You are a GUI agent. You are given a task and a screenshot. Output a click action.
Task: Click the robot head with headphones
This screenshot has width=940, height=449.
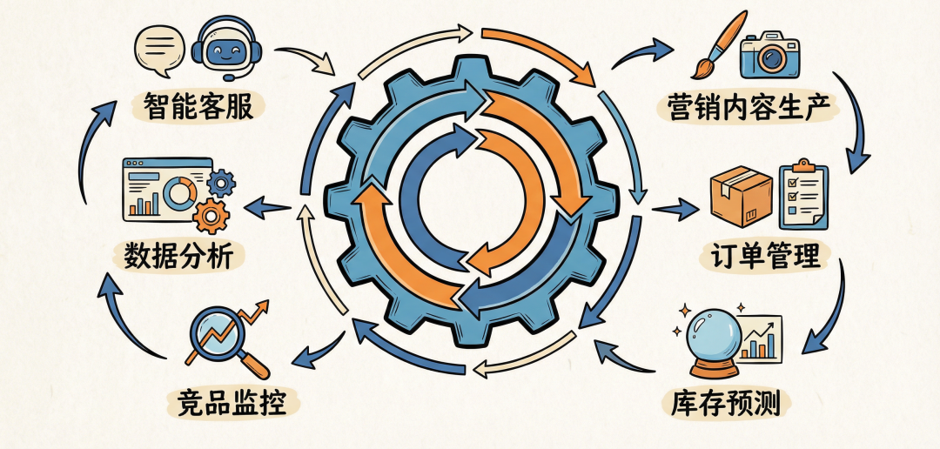(x=226, y=49)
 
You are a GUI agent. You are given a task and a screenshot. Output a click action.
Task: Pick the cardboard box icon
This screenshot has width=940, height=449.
(x=741, y=196)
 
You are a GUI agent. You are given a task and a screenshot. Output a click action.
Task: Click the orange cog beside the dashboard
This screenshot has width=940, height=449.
(x=211, y=215)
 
